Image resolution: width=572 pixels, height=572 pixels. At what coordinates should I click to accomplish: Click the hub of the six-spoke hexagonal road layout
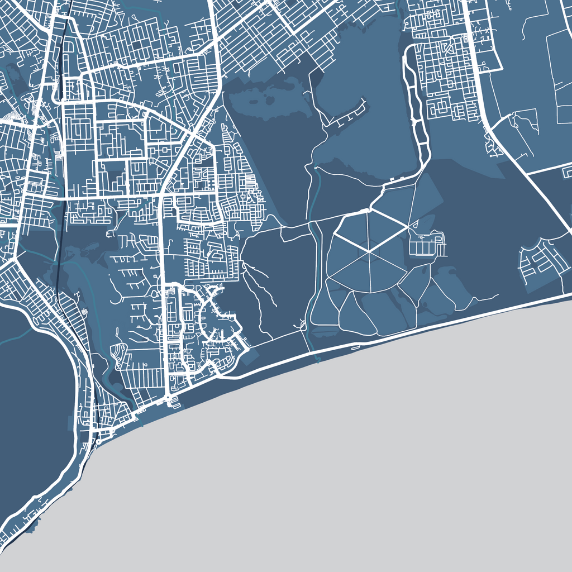coord(369,252)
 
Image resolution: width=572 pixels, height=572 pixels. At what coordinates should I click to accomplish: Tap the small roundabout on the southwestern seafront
coord(98,441)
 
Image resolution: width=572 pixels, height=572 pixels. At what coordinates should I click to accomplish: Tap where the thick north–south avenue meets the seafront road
coord(169,398)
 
